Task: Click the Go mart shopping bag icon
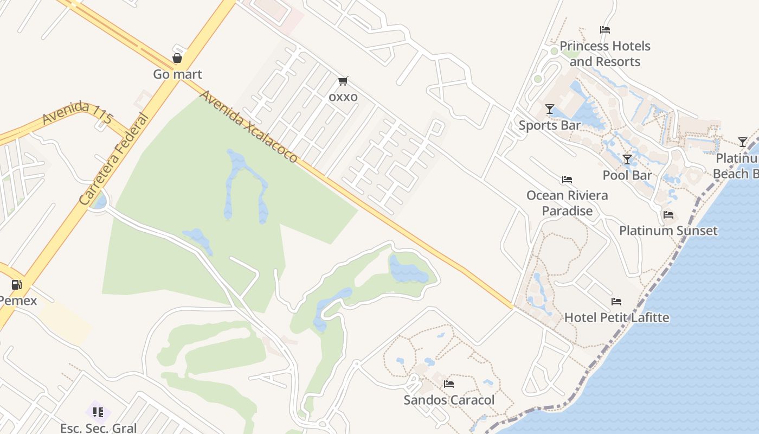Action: (x=177, y=58)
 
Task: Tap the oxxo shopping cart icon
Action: (x=343, y=81)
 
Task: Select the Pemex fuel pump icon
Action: (x=17, y=284)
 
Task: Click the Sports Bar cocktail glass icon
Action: (x=549, y=109)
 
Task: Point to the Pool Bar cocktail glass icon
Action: (x=627, y=159)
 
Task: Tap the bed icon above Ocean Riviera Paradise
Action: (x=567, y=180)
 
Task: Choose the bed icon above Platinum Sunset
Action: (x=668, y=215)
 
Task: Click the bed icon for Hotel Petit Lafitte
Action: (x=616, y=302)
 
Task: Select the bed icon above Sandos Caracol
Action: (x=448, y=384)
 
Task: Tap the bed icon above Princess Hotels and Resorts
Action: (x=605, y=30)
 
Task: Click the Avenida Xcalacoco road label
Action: (x=249, y=126)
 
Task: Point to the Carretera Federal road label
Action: (x=113, y=159)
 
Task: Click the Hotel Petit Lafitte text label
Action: (x=617, y=317)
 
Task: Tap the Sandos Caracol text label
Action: (x=449, y=400)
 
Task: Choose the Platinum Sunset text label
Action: (x=668, y=231)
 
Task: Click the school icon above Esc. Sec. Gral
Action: (x=98, y=412)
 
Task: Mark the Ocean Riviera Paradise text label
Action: (x=567, y=203)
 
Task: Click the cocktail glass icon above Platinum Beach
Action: (x=742, y=142)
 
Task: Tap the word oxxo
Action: (x=343, y=97)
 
